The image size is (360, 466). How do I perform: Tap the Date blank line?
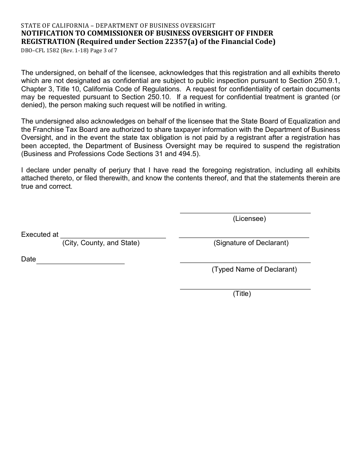(80, 263)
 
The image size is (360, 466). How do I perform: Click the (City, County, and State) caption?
(101, 243)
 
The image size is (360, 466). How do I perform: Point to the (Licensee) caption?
(249, 219)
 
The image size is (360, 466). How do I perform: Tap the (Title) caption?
(242, 294)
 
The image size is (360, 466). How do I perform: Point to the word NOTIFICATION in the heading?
(44, 33)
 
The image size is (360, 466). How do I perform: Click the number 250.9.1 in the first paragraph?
(327, 81)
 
